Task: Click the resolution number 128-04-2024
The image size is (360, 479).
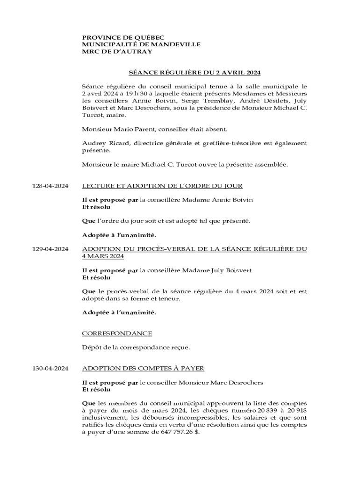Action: tap(50, 186)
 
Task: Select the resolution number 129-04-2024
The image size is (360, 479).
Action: tap(50, 249)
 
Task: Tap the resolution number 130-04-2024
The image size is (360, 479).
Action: tap(50, 368)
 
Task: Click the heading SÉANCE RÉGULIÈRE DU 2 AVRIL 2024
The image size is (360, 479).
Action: tap(194, 73)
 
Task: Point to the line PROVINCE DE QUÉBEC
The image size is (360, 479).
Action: tap(123, 37)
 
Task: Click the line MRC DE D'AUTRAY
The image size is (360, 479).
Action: tap(117, 51)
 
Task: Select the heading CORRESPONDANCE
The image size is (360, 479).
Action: tap(117, 333)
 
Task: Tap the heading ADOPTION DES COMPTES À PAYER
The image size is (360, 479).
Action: tap(143, 368)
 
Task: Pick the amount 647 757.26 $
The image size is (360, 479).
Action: tap(179, 432)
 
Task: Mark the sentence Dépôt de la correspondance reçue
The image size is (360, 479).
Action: tap(136, 347)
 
